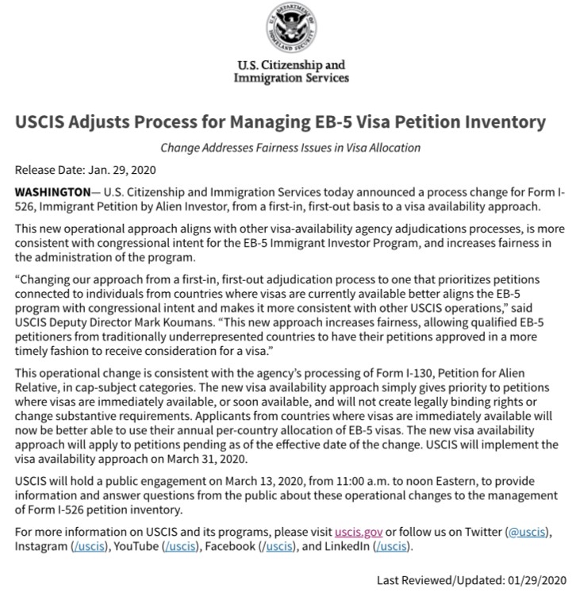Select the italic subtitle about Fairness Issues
coord(290,148)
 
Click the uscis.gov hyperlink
coord(359,531)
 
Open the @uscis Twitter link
coord(526,531)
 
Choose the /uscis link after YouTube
coord(182,546)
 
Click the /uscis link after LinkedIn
coord(392,546)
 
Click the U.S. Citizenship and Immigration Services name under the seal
coord(291,71)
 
